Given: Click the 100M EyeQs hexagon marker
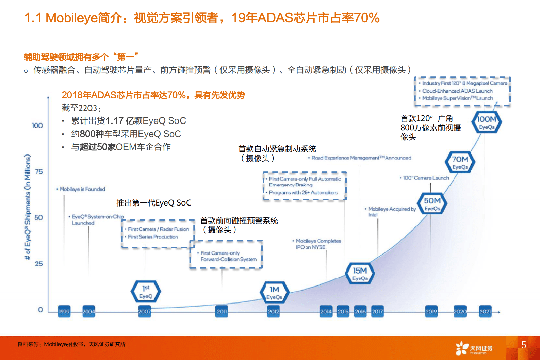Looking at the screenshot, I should click(x=487, y=122).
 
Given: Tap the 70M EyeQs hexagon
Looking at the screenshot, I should click(x=460, y=162).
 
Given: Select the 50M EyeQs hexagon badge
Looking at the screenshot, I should click(x=432, y=204).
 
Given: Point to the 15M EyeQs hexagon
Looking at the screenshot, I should click(x=360, y=274).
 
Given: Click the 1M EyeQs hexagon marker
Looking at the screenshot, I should click(x=274, y=293).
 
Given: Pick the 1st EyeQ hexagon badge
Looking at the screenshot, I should click(x=146, y=292).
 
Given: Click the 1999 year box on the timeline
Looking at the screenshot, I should click(x=64, y=311).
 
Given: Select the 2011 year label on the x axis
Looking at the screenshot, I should click(x=222, y=311).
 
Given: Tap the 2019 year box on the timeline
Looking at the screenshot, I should click(x=431, y=311).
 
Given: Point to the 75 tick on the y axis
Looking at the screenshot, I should click(x=39, y=171).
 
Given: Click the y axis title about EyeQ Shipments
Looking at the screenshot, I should click(x=28, y=207).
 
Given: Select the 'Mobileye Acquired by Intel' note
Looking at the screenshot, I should click(x=391, y=212).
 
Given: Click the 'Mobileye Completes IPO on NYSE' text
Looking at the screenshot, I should click(x=317, y=244).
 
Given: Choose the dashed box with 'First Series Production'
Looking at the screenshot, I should click(x=158, y=233).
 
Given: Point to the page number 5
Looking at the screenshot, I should click(x=524, y=345).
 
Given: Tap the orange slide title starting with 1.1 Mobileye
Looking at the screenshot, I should click(x=202, y=18).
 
